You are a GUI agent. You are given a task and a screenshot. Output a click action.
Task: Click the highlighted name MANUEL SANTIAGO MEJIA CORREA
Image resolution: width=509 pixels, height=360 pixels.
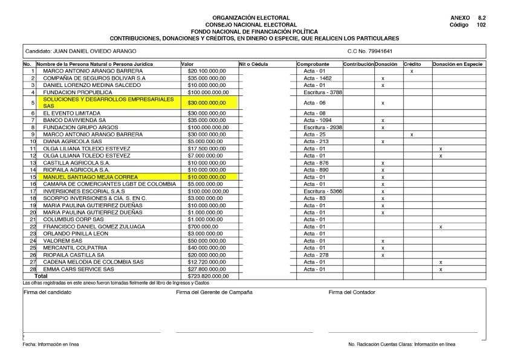(90, 177)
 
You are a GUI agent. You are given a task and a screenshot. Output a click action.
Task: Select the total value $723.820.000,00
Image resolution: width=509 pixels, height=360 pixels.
(206, 276)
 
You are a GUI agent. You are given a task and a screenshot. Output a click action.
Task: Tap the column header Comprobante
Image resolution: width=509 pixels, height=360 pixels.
(313, 64)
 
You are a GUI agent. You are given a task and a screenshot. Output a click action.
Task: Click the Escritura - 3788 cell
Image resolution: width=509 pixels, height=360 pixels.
(319, 92)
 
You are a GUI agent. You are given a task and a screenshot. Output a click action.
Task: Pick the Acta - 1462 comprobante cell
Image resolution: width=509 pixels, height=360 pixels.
(317, 79)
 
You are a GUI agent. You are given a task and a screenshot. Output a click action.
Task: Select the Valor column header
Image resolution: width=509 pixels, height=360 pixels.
(187, 64)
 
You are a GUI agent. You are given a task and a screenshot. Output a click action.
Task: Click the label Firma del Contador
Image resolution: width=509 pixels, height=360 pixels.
(352, 292)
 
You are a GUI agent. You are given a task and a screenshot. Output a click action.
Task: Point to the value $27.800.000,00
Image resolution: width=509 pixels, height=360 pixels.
(206, 269)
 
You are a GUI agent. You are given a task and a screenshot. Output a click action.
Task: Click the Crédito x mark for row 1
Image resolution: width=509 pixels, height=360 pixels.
(412, 71)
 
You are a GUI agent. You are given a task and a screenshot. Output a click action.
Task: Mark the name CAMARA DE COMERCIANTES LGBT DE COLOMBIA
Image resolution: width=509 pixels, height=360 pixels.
(100, 184)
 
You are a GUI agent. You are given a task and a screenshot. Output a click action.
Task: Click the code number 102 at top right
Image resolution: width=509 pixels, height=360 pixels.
(481, 25)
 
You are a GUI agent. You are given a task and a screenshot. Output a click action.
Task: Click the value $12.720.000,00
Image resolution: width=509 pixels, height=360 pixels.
(206, 262)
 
